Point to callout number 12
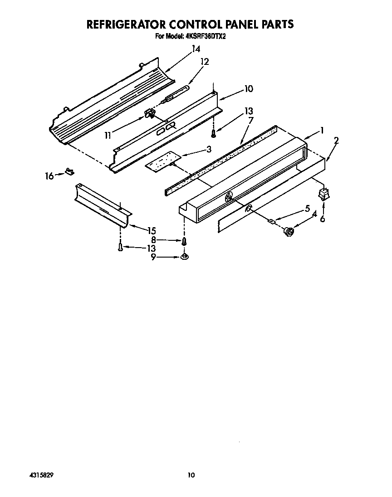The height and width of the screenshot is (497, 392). click(x=205, y=62)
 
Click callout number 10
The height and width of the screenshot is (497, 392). click(x=248, y=89)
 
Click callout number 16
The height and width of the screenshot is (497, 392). click(x=49, y=175)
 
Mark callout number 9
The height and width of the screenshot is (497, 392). click(x=153, y=257)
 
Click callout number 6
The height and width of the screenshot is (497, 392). click(x=323, y=219)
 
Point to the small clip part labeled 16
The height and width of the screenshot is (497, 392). click(x=69, y=171)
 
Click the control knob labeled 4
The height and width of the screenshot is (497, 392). click(x=287, y=232)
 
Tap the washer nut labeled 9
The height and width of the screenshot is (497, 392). click(x=184, y=257)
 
